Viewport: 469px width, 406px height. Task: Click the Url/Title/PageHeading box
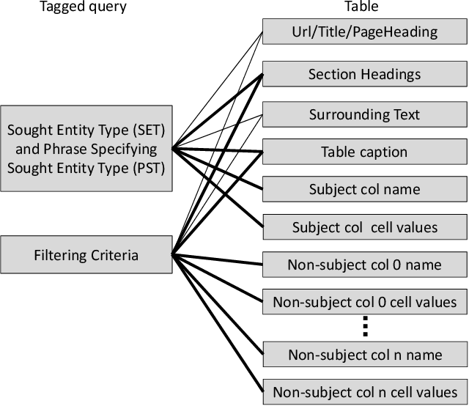coord(364,32)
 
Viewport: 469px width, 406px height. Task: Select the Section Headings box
coord(364,74)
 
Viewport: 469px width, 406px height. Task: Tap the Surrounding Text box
coord(364,115)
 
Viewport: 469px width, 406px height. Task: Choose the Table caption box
coord(364,152)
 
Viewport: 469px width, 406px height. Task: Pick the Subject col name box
coord(364,190)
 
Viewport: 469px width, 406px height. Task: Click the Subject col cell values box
coord(364,227)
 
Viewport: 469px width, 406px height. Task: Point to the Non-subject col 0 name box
coord(364,265)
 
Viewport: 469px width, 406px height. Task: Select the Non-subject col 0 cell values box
coord(364,301)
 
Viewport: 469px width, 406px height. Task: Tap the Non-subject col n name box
coord(364,355)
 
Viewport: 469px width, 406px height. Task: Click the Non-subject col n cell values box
coord(364,391)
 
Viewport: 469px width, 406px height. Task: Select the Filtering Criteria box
coord(86,256)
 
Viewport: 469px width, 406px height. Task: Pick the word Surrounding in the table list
coord(344,115)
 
